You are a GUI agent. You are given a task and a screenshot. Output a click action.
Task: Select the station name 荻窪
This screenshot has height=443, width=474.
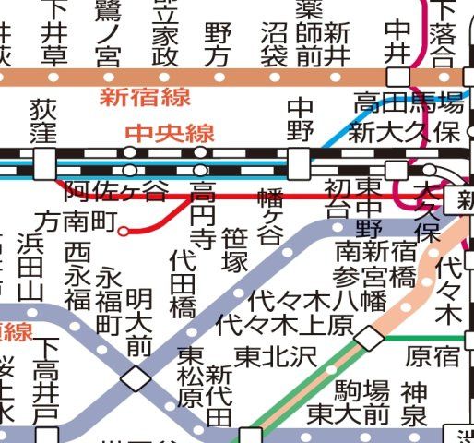(44, 122)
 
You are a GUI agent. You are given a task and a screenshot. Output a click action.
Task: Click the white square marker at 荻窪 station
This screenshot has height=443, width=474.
(44, 163)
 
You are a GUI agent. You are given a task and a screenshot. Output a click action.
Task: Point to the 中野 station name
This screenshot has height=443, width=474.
(301, 120)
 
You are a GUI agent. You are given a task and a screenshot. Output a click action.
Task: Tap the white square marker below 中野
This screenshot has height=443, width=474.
(299, 164)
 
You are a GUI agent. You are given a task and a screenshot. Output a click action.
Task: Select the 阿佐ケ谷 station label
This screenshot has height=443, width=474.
(117, 191)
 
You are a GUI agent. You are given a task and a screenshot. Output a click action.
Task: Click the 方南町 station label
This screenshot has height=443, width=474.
(77, 221)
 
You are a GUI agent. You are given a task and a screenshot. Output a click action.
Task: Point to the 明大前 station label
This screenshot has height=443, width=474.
(139, 322)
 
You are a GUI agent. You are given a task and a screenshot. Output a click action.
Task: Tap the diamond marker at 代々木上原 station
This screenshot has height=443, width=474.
(369, 339)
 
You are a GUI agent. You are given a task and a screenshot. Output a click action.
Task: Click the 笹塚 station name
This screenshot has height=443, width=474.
(236, 243)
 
